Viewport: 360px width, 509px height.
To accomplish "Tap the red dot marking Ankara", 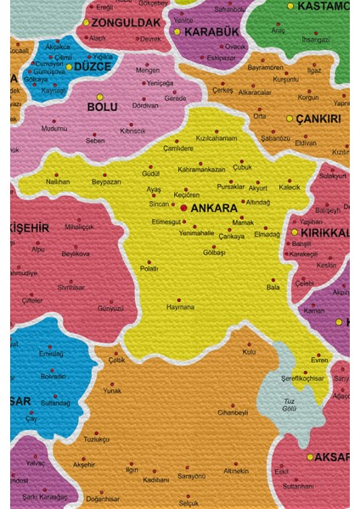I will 184,207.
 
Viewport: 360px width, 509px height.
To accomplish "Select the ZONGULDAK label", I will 126,22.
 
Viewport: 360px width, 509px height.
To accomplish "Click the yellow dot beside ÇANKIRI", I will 290,119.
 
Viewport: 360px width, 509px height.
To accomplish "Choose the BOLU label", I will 102,107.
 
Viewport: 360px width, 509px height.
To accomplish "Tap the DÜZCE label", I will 93,65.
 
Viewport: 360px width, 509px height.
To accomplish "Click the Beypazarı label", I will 107,182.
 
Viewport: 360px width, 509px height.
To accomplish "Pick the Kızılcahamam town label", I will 217,137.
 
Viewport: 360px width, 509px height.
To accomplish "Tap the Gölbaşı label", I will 214,253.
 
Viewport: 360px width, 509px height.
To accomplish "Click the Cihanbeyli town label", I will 233,412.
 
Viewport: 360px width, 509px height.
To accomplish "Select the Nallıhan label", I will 58,182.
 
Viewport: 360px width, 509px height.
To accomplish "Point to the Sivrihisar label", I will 71,287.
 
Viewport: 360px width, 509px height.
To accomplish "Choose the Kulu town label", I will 249,351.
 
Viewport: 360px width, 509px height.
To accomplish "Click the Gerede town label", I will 175,98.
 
